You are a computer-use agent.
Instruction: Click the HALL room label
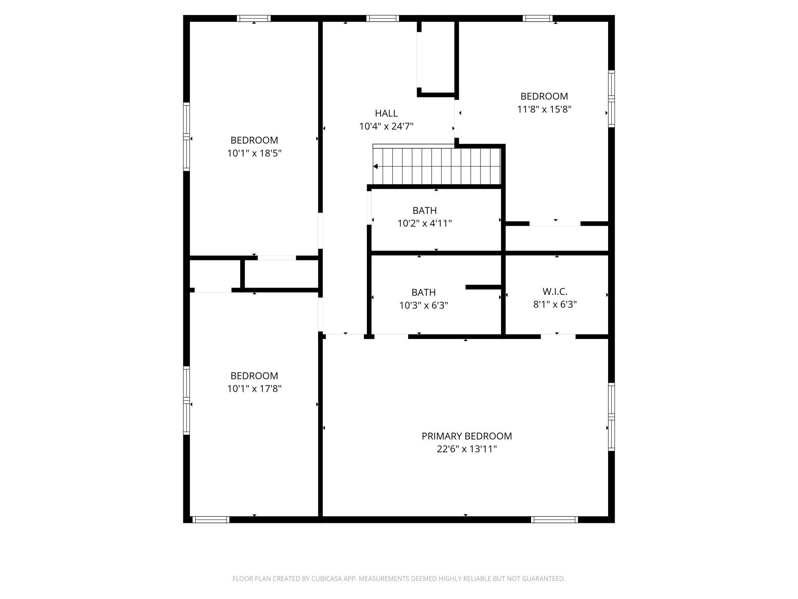tap(386, 113)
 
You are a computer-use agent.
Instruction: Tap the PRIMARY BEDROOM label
tap(467, 436)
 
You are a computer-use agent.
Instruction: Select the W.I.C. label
tap(555, 291)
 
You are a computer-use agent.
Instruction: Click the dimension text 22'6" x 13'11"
tap(467, 449)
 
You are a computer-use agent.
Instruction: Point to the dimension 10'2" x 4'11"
tap(424, 223)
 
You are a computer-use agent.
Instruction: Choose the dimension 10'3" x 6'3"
tap(424, 306)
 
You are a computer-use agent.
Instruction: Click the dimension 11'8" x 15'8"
tap(544, 109)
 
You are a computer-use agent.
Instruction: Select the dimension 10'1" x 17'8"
tap(254, 389)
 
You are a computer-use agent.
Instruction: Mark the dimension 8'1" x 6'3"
tap(555, 304)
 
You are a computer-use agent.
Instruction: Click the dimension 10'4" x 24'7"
tap(386, 126)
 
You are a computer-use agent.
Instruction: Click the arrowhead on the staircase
tap(376, 167)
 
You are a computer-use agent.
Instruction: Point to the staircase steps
tap(437, 167)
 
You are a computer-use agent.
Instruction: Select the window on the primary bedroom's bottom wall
tap(554, 520)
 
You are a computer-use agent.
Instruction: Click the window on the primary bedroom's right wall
tap(611, 417)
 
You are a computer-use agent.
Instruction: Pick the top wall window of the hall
tap(383, 18)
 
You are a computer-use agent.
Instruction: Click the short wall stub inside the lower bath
tap(483, 287)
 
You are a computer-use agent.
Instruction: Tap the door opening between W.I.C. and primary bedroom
tap(558, 337)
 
